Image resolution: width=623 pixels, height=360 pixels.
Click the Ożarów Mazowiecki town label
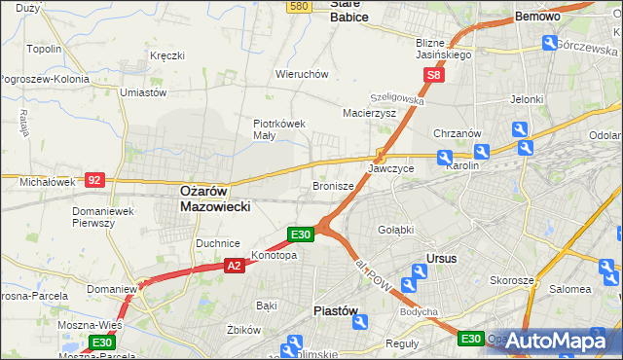pos(215,199)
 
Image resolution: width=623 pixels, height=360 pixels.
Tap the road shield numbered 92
pos(94,180)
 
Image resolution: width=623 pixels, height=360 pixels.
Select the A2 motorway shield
pos(234,265)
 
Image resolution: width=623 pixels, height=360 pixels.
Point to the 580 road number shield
pos(299,6)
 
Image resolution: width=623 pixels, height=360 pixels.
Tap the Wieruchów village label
pos(302,74)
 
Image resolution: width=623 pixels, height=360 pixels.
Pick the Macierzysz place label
pos(369,113)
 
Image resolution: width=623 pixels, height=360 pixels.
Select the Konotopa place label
pos(274,256)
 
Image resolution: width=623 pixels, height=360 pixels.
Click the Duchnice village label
pos(217,243)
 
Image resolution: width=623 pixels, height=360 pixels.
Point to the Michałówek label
pos(47,182)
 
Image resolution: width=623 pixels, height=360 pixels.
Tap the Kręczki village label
pos(167,55)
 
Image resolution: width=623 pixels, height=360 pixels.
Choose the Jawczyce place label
pos(390,168)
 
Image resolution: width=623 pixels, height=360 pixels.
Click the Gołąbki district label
pos(396,230)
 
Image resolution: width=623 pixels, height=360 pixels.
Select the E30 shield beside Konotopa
pos(300,234)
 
